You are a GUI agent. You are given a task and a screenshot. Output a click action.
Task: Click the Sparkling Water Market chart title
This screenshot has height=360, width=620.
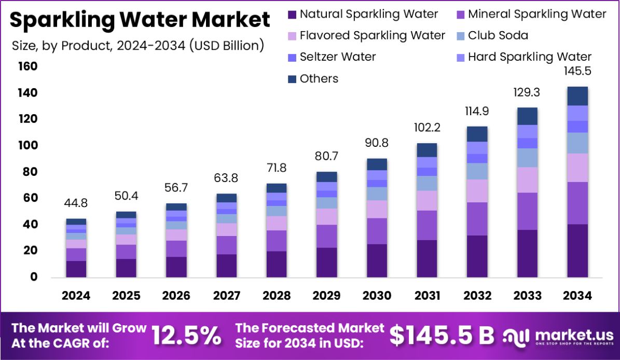coord(140,20)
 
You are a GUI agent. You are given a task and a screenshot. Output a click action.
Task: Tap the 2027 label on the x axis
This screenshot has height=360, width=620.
coord(227,296)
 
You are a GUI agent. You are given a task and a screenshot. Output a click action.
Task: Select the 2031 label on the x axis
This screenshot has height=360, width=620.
coord(428,296)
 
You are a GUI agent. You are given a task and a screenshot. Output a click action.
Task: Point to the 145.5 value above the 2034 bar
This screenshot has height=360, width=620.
coord(577,71)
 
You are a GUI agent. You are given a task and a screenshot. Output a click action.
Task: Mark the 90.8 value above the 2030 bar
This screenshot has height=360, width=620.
coord(377,143)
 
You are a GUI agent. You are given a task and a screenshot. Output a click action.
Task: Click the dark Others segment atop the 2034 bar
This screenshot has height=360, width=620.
coord(577,96)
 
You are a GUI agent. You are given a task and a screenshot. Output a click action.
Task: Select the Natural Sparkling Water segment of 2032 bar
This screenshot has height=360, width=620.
coord(477,256)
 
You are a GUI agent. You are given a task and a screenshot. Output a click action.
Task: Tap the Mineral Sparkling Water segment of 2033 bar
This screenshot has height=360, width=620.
coord(527,211)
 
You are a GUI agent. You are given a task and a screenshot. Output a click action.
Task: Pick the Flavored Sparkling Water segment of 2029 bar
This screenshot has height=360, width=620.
coord(327,216)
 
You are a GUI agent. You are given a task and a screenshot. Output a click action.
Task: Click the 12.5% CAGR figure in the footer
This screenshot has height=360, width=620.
coord(186,336)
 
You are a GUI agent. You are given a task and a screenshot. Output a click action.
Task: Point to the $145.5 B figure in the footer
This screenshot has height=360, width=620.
coord(442,336)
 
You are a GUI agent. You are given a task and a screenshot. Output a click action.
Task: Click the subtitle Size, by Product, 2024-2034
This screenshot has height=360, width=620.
coord(138,45)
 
